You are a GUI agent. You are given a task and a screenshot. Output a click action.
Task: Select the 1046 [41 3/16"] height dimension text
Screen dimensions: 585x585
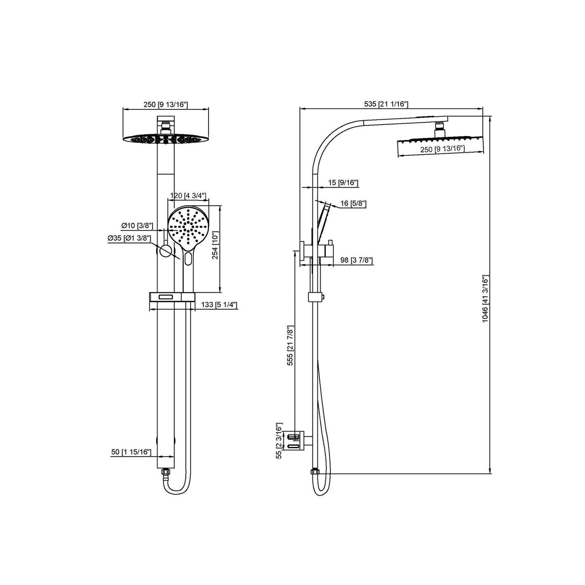point(486,299)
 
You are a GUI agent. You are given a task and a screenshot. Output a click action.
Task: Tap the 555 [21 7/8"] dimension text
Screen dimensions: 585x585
point(290,345)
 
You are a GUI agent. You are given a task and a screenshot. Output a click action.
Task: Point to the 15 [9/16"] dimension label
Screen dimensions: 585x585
point(343,183)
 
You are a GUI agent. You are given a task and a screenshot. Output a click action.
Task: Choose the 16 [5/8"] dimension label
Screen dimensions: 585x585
point(353,203)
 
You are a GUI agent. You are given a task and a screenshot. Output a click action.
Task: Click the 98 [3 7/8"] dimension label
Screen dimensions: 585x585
point(356,260)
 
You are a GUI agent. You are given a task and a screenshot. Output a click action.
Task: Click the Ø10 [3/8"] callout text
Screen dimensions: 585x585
point(137,225)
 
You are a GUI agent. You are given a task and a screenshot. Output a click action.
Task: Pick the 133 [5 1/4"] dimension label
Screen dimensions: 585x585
point(219,305)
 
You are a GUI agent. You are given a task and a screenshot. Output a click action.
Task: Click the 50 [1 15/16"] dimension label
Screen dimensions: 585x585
point(131,452)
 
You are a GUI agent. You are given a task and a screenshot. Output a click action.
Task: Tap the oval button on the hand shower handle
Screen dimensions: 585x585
point(188,259)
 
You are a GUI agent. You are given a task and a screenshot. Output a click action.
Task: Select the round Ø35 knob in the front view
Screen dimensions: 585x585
point(165,251)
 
